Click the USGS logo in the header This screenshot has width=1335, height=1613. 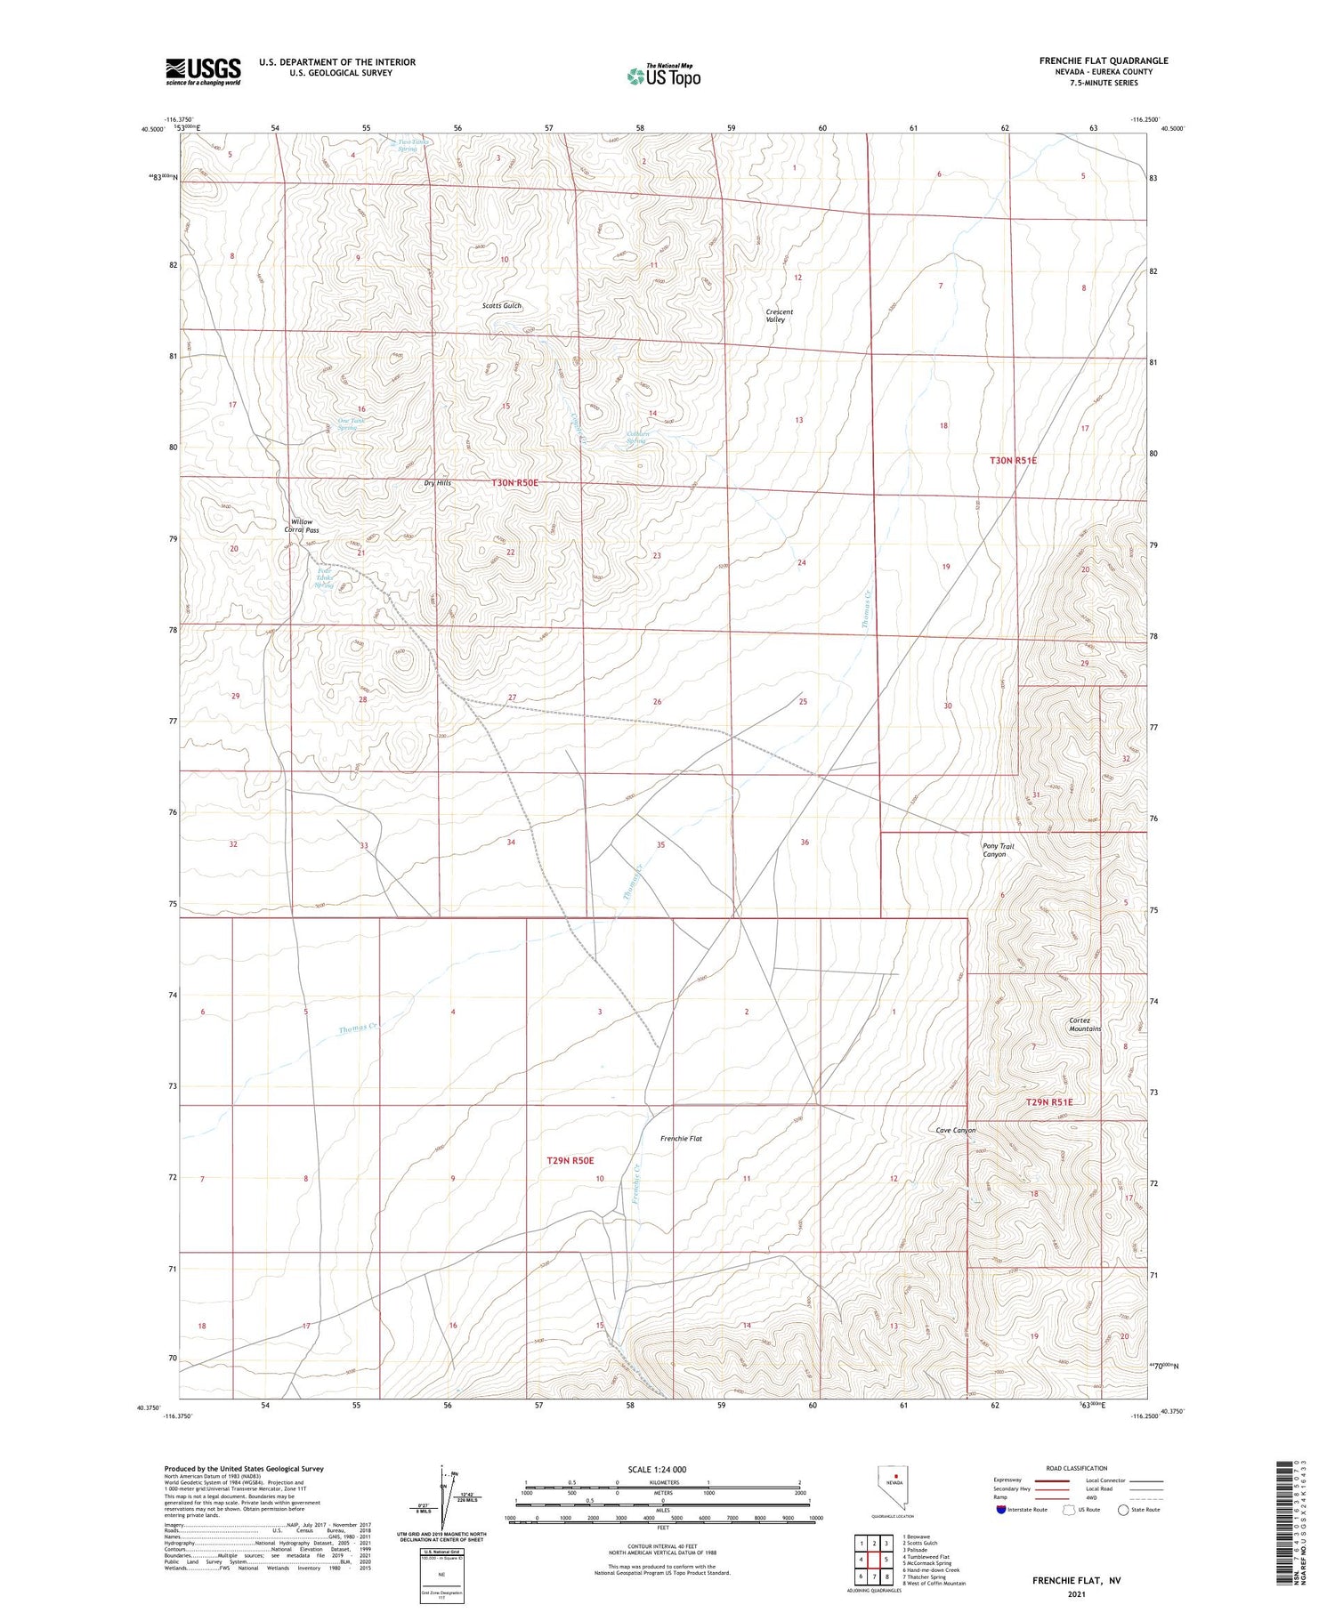[x=203, y=71]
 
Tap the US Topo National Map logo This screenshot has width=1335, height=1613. [x=664, y=76]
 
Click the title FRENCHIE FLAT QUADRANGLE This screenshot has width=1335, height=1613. [x=1104, y=60]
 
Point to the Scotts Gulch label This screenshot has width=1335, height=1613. [x=502, y=305]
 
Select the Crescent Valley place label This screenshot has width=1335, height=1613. [x=779, y=315]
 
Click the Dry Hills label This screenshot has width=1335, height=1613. [x=437, y=483]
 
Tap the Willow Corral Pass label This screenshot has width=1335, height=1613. [x=302, y=526]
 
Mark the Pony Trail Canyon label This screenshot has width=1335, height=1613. [x=997, y=850]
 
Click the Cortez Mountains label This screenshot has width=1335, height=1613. [x=1085, y=1024]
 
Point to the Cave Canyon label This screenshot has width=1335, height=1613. [x=956, y=1130]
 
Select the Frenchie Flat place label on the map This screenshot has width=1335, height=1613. [x=681, y=1138]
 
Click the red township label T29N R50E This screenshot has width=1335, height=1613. [x=570, y=1160]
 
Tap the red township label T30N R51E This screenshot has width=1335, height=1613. [x=1013, y=461]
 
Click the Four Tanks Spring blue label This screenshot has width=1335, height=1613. [x=324, y=580]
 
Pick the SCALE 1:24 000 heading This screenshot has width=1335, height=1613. [x=662, y=1469]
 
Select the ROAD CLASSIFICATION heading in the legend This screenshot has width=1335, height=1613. [x=1076, y=1468]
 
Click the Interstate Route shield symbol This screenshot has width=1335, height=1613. [x=1001, y=1509]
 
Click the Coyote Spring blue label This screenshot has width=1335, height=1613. [x=637, y=437]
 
